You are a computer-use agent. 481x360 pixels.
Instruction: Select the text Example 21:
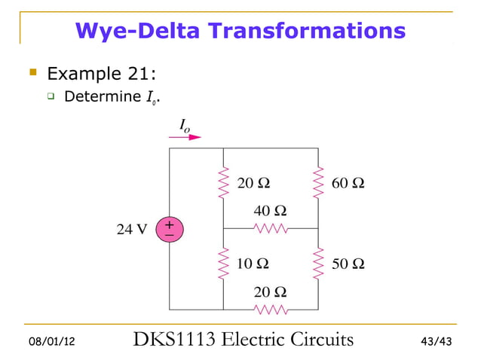[101, 74]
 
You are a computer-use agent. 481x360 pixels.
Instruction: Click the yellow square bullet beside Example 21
[32, 73]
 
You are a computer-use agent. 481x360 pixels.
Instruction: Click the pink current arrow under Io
[185, 137]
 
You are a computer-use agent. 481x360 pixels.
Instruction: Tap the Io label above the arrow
[185, 125]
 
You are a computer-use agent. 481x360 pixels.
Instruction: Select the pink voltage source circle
[169, 230]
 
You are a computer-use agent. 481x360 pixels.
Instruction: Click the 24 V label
[131, 230]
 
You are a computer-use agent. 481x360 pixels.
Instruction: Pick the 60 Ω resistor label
[348, 183]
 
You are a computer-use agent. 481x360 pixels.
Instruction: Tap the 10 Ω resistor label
[252, 264]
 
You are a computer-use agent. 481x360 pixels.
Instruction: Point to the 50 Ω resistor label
[348, 264]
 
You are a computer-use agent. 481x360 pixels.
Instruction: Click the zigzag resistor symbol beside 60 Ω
[318, 183]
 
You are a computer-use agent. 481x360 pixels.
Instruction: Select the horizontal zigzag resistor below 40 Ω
[270, 227]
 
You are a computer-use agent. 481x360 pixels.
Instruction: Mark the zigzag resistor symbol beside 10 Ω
[223, 264]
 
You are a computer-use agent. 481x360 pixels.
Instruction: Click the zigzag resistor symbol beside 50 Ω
[318, 264]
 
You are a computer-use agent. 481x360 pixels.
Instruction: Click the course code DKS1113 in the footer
[170, 340]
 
